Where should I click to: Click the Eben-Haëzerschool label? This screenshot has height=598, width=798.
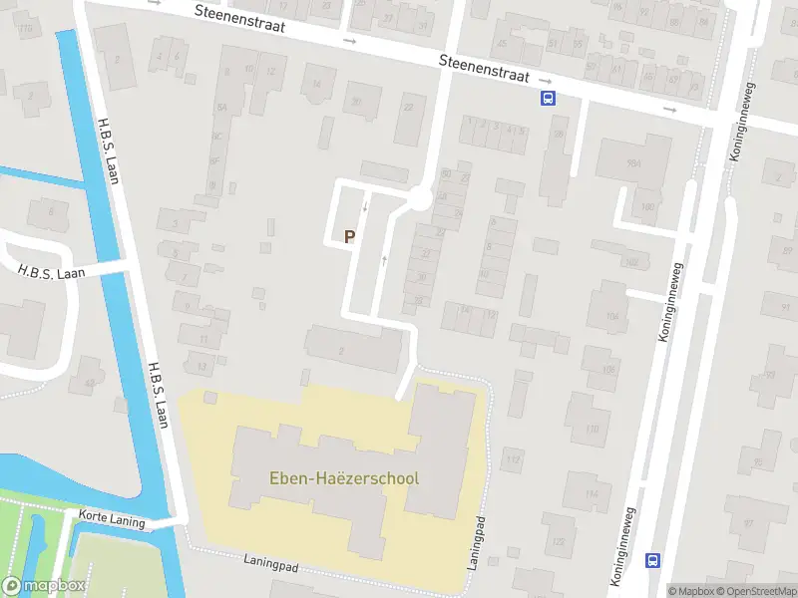(x=344, y=478)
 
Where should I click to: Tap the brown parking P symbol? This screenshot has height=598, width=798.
(x=349, y=237)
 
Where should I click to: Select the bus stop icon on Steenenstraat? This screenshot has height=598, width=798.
(x=548, y=98)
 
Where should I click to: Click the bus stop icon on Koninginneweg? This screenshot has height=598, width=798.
(x=653, y=560)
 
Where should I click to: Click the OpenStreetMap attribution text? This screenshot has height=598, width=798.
(x=754, y=591)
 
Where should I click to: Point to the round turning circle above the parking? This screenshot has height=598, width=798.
(x=419, y=199)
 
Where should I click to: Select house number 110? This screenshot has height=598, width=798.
(x=593, y=430)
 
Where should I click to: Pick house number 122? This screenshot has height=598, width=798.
(x=558, y=542)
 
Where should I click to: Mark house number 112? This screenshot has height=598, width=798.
(x=513, y=459)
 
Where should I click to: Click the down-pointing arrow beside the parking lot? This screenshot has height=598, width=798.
(x=365, y=207)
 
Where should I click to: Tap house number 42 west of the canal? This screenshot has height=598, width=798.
(x=91, y=382)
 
